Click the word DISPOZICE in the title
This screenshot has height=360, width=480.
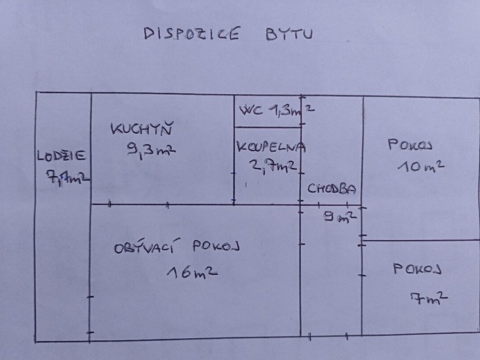click(x=192, y=33)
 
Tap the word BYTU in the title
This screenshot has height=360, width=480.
click(x=289, y=34)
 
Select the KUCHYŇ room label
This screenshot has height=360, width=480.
click(x=142, y=129)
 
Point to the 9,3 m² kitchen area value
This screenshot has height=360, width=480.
click(x=151, y=151)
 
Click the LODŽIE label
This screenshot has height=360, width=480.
click(x=62, y=156)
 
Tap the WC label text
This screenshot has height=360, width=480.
click(x=251, y=110)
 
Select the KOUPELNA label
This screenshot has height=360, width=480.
click(x=271, y=147)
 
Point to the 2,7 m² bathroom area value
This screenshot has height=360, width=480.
click(x=273, y=166)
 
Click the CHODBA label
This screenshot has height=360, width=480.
click(x=332, y=189)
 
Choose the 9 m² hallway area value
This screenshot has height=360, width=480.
click(x=340, y=217)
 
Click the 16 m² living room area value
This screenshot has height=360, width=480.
click(x=192, y=272)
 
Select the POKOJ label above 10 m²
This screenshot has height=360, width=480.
click(x=410, y=145)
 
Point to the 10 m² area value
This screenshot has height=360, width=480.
click(x=421, y=167)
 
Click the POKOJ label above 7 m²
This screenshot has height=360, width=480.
click(x=417, y=269)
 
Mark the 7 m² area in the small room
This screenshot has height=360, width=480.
click(x=429, y=299)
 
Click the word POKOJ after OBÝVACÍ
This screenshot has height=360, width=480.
click(x=216, y=246)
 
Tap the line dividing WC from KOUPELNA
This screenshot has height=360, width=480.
click(x=268, y=127)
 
